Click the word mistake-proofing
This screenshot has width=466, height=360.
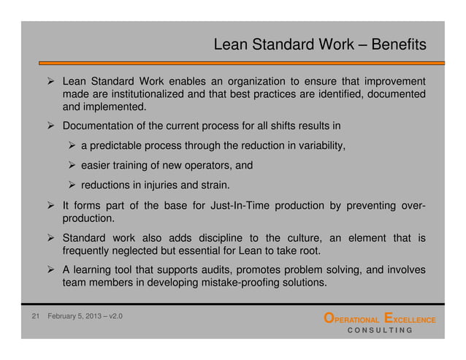tap(236, 283)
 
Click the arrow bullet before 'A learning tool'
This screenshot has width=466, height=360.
tap(50, 269)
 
